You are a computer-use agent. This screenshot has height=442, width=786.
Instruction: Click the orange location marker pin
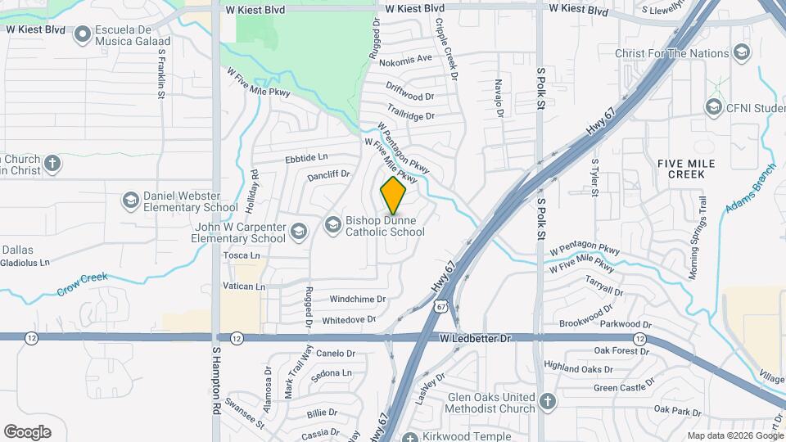coord(393,196)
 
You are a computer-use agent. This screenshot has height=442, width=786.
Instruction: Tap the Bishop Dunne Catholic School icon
coord(332,223)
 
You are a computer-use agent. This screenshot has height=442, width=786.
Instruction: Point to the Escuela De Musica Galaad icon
coord(82,35)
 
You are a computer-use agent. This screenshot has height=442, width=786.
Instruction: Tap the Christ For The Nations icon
coord(742,54)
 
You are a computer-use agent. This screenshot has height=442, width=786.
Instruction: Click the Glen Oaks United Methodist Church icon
coord(548,402)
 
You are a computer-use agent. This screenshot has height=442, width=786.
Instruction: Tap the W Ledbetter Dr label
coord(474,338)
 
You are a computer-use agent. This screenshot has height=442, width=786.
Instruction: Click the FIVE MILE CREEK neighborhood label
coord(686,169)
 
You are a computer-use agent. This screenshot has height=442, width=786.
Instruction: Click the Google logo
coord(27,431)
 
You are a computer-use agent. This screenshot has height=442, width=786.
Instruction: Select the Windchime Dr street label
coord(358,300)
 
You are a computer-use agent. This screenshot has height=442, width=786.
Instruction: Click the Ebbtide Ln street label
coord(305,157)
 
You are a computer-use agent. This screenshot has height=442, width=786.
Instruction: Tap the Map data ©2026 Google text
coord(734,435)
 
